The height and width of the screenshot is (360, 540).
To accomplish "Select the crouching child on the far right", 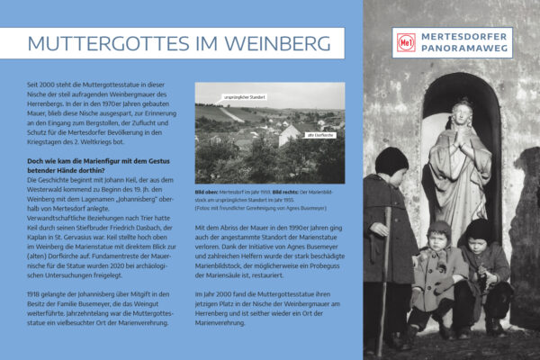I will [x=486, y=270].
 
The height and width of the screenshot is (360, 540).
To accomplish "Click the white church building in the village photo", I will [x=290, y=137].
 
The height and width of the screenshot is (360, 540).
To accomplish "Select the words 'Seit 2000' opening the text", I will [x=44, y=83].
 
